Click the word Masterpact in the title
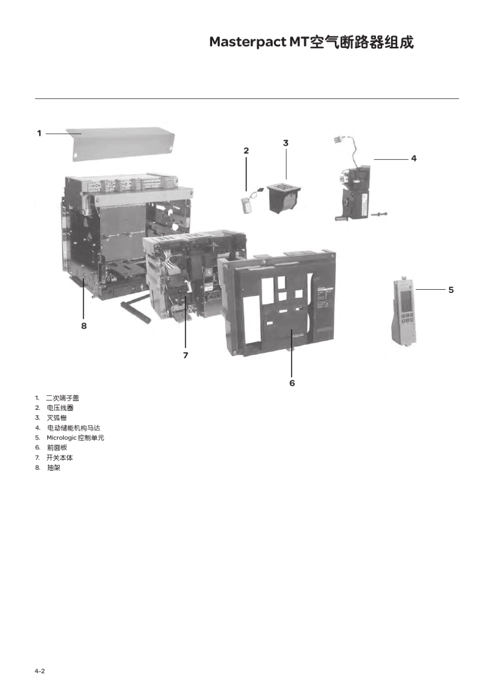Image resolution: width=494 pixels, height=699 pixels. (248, 42)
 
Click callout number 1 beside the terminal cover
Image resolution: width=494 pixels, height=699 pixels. (40, 134)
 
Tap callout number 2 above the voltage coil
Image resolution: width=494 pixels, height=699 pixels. (246, 151)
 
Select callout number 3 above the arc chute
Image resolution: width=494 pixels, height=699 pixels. (286, 143)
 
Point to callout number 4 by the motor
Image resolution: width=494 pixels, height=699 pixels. (414, 159)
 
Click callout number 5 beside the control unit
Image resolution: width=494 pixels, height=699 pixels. (451, 290)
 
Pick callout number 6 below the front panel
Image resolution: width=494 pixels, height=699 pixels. (292, 383)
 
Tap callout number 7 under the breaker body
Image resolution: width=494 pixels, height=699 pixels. (186, 355)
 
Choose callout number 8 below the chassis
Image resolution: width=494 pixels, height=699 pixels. (84, 326)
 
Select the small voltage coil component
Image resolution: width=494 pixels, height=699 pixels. (250, 201)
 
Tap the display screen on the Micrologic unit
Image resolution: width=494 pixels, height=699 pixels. (406, 301)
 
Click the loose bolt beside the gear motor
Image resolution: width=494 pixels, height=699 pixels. (379, 214)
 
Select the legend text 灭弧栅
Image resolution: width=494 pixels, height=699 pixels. (57, 418)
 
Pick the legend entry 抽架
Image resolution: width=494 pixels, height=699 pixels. (54, 468)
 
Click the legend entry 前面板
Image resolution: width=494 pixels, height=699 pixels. (57, 448)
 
